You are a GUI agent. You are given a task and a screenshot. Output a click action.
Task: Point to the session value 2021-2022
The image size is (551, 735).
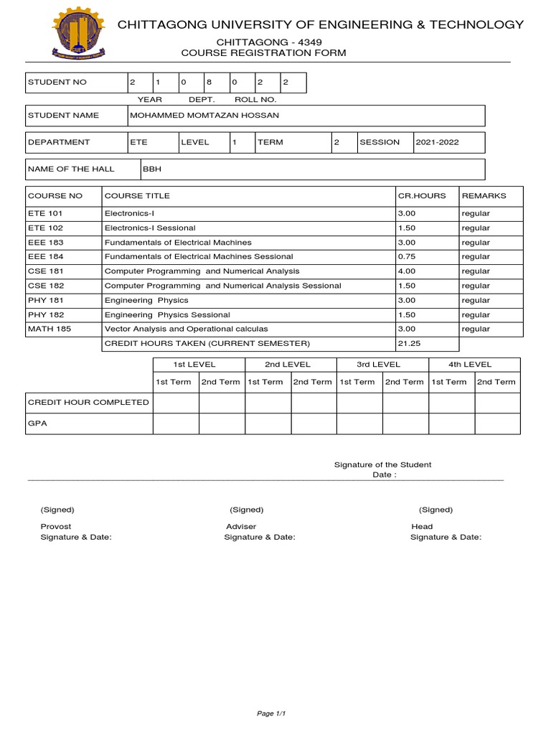pos(438,142)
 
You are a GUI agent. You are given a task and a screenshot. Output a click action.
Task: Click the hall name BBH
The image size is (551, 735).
pos(151,169)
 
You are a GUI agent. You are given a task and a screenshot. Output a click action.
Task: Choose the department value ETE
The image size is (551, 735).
pos(138,142)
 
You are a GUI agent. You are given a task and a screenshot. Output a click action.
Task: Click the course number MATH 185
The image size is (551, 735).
pos(48,329)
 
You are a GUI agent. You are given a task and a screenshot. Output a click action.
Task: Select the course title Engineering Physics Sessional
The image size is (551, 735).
pos(167,314)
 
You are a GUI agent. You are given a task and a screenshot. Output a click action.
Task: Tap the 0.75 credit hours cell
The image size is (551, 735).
pos(406,256)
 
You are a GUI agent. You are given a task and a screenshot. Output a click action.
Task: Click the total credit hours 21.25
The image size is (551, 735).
pos(409,344)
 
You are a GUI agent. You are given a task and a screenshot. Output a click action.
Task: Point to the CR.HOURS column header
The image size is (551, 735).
pos(422,196)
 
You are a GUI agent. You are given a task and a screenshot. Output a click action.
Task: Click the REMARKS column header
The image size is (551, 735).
pos(484,196)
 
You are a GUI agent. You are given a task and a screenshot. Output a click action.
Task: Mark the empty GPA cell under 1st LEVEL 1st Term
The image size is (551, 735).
pos(176,423)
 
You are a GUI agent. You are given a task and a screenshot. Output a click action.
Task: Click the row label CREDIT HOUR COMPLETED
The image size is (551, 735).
pos(88,402)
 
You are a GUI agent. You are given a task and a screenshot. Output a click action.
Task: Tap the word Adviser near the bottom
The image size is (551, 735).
pos(241,526)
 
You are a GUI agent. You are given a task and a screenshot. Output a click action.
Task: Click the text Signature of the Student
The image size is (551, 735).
pos(383,465)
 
